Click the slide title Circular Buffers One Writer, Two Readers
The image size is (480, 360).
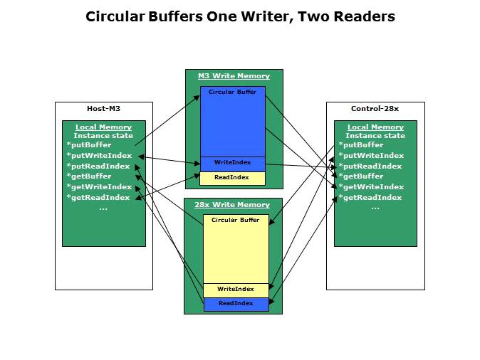click(x=240, y=16)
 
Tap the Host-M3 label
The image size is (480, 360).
click(x=104, y=109)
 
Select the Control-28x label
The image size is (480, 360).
click(x=375, y=109)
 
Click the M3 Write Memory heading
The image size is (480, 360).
click(x=234, y=76)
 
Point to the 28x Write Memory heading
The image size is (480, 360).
click(x=233, y=205)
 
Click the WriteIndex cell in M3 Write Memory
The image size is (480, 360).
click(x=233, y=164)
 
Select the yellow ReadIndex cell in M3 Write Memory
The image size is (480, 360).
click(x=233, y=177)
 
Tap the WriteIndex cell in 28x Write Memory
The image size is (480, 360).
click(x=236, y=290)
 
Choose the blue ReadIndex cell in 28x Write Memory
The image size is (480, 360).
click(x=236, y=304)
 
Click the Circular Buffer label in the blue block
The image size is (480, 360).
click(x=232, y=92)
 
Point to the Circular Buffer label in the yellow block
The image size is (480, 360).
click(x=236, y=221)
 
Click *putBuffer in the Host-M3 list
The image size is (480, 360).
click(x=89, y=145)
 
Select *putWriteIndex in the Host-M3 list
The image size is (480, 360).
click(x=99, y=156)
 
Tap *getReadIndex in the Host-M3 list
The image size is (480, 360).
click(x=98, y=198)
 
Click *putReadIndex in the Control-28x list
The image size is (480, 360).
click(x=370, y=166)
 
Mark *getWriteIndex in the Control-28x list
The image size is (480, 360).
click(x=371, y=187)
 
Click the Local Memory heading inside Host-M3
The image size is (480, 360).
click(x=103, y=127)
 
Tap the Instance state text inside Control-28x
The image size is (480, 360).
click(x=375, y=136)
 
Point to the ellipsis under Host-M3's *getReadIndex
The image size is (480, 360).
click(x=103, y=208)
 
